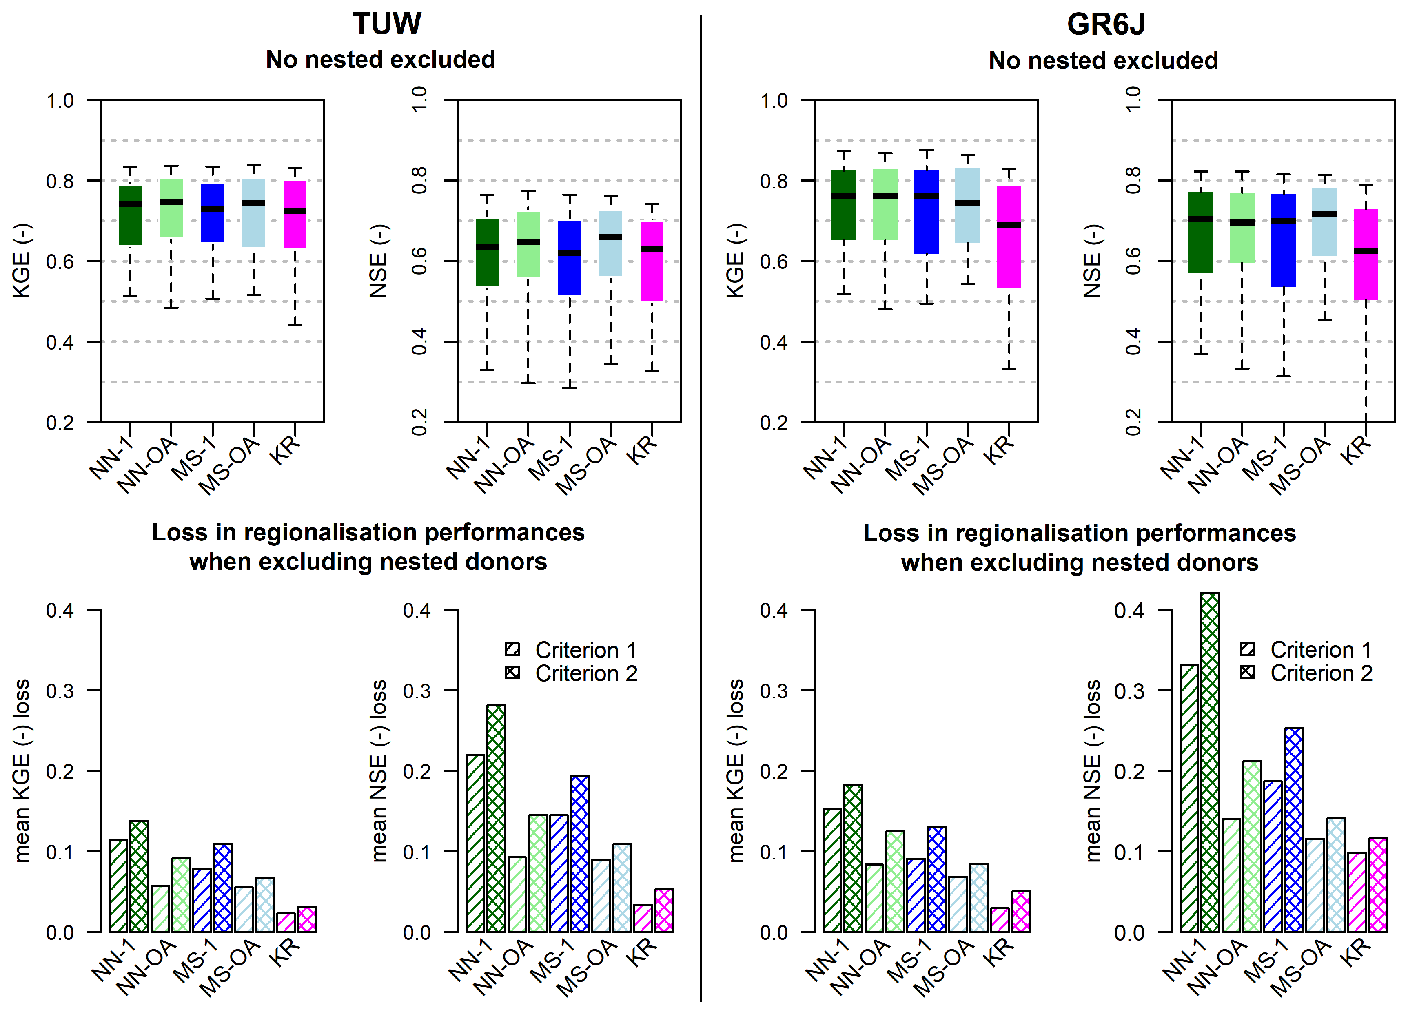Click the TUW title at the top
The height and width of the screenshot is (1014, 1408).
(387, 24)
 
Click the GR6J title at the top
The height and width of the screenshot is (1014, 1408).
(1106, 24)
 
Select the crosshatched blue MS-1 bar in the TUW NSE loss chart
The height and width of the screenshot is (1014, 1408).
(580, 853)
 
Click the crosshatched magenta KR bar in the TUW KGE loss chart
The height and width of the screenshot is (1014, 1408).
(307, 919)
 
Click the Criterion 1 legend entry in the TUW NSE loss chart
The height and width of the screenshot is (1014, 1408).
(571, 650)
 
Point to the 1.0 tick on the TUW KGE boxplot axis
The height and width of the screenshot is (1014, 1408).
(60, 100)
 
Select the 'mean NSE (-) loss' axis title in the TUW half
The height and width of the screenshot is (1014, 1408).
(379, 771)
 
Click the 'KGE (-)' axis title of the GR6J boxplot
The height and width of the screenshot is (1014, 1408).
(735, 261)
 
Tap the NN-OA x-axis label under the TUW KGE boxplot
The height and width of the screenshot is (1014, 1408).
(147, 465)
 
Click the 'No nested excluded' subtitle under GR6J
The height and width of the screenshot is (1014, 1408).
(1103, 60)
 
